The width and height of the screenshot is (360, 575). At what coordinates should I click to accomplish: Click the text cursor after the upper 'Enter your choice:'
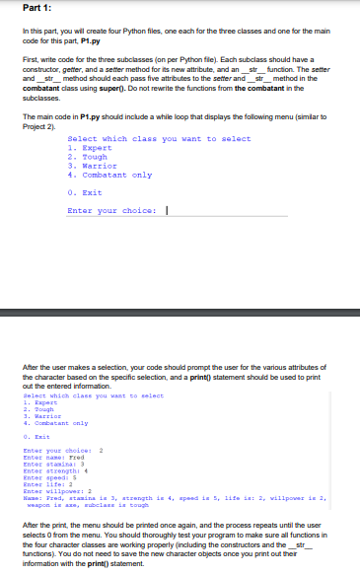pos(167,210)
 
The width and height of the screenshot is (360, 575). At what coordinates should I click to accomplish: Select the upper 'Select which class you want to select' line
pos(158,138)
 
